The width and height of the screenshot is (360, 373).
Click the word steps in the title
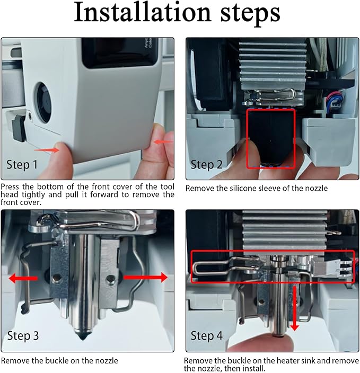250,15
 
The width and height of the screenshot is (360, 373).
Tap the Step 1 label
22,165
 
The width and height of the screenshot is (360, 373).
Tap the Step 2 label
206,165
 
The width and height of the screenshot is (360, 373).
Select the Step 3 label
23,336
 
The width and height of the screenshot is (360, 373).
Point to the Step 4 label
206,336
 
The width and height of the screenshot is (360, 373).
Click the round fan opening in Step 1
44,103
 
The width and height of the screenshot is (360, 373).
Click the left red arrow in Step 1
47,150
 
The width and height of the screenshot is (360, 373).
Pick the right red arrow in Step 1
163,142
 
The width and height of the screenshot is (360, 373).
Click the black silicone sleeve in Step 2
271,138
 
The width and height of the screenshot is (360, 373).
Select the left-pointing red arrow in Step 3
23,278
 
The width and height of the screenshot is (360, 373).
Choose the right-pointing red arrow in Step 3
146,278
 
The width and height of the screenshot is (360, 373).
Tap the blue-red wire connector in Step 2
335,100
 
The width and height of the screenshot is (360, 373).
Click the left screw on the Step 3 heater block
57,278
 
